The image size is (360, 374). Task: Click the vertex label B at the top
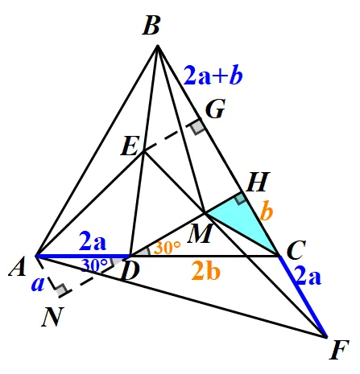coord(151,26)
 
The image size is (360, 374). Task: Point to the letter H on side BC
coord(258,182)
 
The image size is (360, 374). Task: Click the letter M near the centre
coord(201,233)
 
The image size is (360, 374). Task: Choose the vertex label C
coord(296,250)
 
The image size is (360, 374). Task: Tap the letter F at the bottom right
coord(339,350)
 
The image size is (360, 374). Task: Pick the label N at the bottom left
coord(52,317)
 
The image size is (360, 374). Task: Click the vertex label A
coord(18,266)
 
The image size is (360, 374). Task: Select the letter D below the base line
coord(130,271)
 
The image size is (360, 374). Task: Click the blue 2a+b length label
coord(213,76)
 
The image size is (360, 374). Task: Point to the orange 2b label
coord(206,271)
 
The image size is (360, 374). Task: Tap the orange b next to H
coord(267,211)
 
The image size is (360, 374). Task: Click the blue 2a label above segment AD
coord(93,241)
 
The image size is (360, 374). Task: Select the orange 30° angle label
coord(167,247)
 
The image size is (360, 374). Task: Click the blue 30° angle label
coord(94,265)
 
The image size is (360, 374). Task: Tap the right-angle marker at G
coord(198,126)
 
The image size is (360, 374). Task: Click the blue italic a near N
coord(37,284)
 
